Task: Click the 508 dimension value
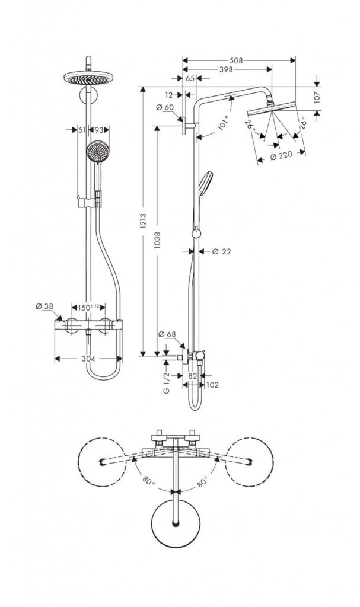(x=235, y=60)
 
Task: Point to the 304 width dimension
(x=89, y=359)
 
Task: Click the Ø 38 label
(x=44, y=306)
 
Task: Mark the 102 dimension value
(x=212, y=385)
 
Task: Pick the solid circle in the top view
(x=176, y=522)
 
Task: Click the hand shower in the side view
(x=208, y=180)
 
